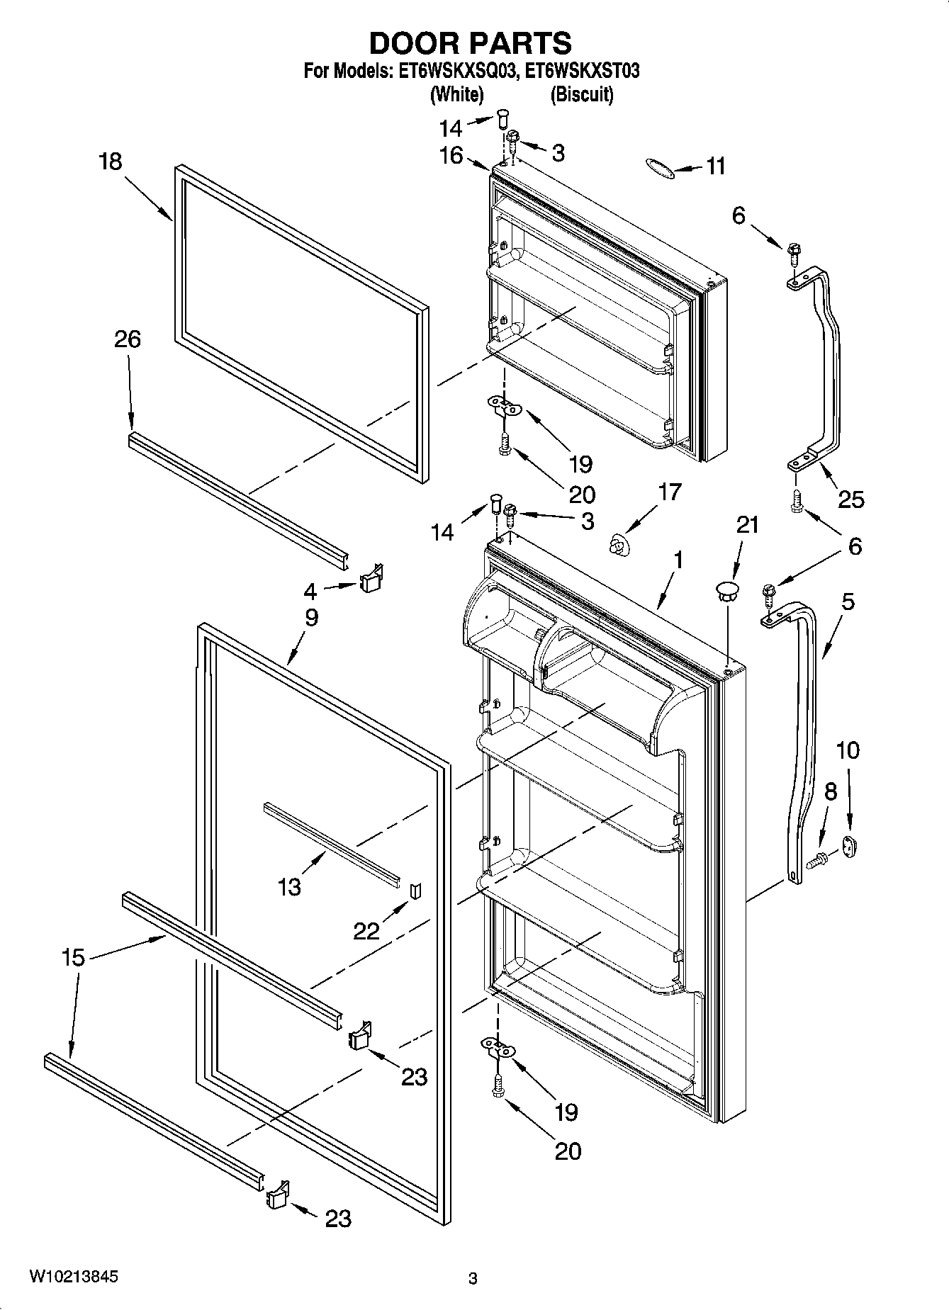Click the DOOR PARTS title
pos(470,43)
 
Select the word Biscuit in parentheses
pos(582,94)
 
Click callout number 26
pos(128,339)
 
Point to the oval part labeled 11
pos(658,166)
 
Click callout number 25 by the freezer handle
pos(850,499)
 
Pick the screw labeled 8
pos(817,861)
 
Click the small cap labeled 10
pos(849,845)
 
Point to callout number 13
pos(289,886)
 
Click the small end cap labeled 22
pos(416,889)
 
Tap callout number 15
pos(73,958)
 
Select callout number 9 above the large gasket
pos(311,617)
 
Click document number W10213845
pos(74,1277)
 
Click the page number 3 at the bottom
pos(473,1279)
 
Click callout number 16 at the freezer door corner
pos(451,155)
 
